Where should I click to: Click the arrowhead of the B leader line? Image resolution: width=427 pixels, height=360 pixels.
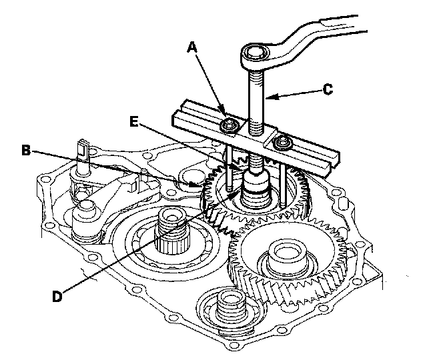pos(201,183)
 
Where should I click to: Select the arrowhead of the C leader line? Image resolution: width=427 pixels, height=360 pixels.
pos(266,97)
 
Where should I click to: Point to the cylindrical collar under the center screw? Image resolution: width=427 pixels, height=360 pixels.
pos(256,187)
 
